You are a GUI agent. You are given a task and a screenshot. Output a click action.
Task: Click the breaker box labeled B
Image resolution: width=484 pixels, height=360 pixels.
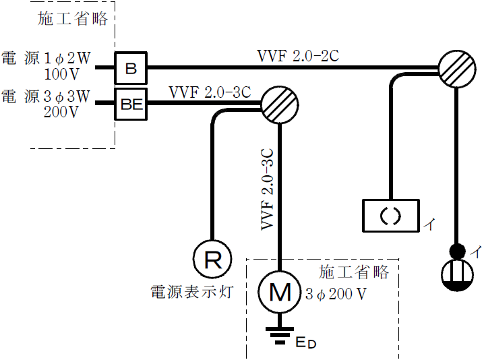(x=131, y=68)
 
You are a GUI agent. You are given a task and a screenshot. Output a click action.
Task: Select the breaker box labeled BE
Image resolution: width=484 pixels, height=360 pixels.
(x=131, y=104)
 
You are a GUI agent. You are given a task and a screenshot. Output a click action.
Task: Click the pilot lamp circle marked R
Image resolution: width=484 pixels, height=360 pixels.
(x=212, y=260)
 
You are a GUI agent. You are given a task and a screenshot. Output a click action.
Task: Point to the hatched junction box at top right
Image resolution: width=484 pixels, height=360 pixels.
(x=457, y=69)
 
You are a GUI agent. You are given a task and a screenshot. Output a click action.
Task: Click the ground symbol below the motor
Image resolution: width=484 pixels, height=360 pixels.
(x=278, y=333)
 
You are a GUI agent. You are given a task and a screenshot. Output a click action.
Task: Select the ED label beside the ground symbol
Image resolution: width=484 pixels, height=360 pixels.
(x=305, y=343)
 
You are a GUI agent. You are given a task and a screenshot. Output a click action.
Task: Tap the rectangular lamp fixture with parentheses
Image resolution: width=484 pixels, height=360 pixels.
(x=391, y=216)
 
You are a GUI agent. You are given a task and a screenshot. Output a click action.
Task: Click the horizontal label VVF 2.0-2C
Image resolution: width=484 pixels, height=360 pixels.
(x=297, y=55)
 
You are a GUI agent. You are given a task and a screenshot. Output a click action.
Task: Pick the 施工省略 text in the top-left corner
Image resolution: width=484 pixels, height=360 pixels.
(x=73, y=19)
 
